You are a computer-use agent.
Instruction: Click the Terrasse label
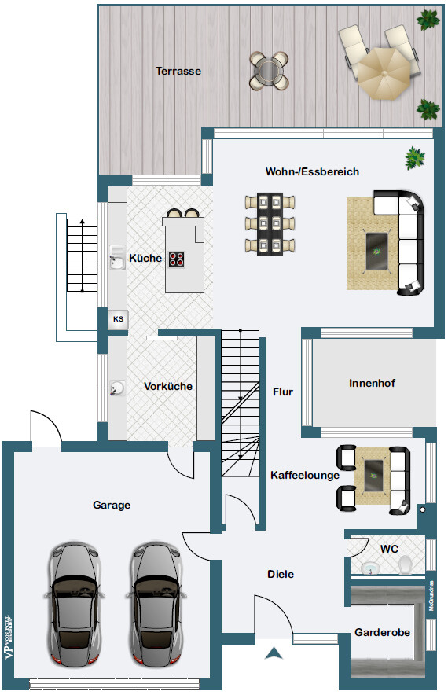coord(178,71)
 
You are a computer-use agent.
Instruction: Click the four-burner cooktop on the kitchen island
coord(177,259)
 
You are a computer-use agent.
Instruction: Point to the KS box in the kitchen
coord(118,318)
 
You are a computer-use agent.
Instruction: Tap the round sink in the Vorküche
coord(118,388)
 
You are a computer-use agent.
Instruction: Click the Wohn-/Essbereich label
coord(312,171)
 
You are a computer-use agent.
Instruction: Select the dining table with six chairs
coord(270,224)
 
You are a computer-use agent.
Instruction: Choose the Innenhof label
coord(372,384)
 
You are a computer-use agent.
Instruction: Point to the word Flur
coord(283,392)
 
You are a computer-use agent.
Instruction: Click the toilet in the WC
coord(406,564)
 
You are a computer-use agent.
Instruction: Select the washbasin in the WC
coord(369,567)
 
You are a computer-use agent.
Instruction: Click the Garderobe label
coord(382,632)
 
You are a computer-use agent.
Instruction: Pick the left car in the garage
coord(77,601)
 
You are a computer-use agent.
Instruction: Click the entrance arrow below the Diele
coord(273,652)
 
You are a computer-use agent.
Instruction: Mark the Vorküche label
coord(168,386)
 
